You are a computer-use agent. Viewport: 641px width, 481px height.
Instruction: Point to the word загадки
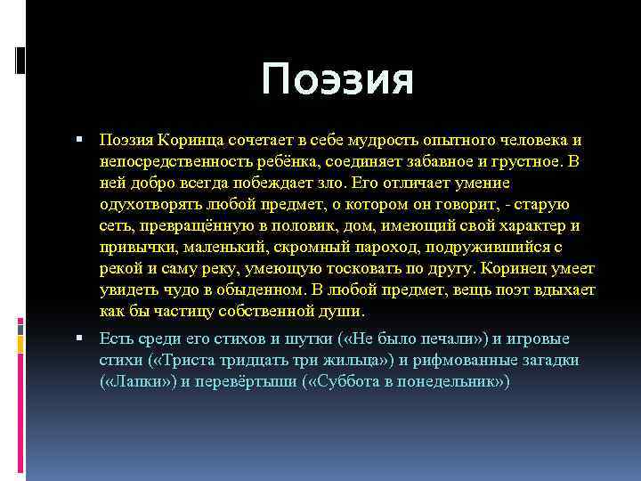(x=547, y=360)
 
